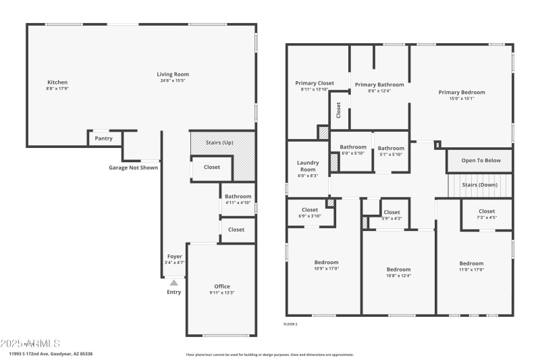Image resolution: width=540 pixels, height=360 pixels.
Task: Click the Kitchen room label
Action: [x=57, y=82]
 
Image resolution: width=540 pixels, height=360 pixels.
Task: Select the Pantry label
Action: [x=103, y=138]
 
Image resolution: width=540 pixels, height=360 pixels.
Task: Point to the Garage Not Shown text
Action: [x=134, y=168]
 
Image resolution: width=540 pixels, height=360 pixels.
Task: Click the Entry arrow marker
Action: [x=173, y=283]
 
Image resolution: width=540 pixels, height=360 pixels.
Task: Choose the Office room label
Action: [x=222, y=286]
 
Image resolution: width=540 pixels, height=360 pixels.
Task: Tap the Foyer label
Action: [x=174, y=257]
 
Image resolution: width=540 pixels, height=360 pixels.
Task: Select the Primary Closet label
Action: [x=315, y=83]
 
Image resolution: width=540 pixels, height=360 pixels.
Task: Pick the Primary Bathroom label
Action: [x=379, y=84]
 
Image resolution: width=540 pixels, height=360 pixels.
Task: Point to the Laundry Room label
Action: [x=308, y=165]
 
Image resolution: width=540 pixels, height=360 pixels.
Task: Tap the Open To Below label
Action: [x=481, y=161]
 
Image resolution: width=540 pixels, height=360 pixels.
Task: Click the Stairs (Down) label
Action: [x=479, y=184]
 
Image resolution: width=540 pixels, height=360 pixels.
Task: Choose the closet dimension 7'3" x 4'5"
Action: [x=486, y=217]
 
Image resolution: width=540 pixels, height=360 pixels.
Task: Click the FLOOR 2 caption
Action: [x=290, y=324]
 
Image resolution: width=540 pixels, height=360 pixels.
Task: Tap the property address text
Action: [x=51, y=354]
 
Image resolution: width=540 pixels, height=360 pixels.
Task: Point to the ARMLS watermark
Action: [x=30, y=343]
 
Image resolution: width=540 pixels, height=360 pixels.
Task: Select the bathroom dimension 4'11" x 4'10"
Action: [x=238, y=203]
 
